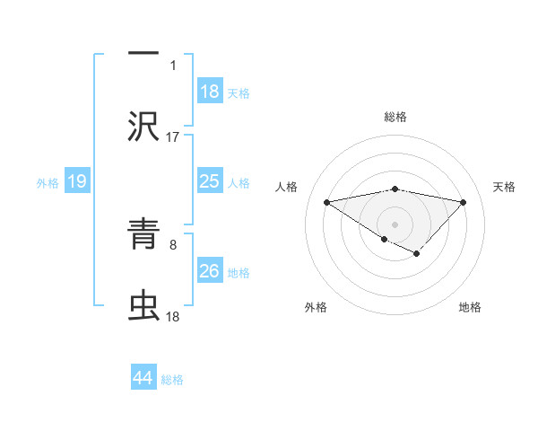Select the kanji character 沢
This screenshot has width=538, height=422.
coord(143,126)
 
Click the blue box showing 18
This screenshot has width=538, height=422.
coord(210,92)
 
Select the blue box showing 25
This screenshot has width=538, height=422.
coord(210,182)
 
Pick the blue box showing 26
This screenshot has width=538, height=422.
coord(210,271)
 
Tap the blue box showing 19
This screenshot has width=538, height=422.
coord(77,182)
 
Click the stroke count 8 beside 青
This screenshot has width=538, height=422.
coord(173,243)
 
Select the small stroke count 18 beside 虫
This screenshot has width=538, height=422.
coord(173,317)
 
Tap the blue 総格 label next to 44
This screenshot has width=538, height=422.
coord(173,380)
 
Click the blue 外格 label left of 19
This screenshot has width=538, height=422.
coord(48,183)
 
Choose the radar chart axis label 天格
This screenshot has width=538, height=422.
coord(505,187)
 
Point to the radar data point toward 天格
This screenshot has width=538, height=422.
coord(463,202)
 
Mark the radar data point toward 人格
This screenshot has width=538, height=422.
coord(327,201)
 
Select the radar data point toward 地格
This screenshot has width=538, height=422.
coord(417,254)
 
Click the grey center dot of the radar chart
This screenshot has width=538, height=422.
coord(395,224)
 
